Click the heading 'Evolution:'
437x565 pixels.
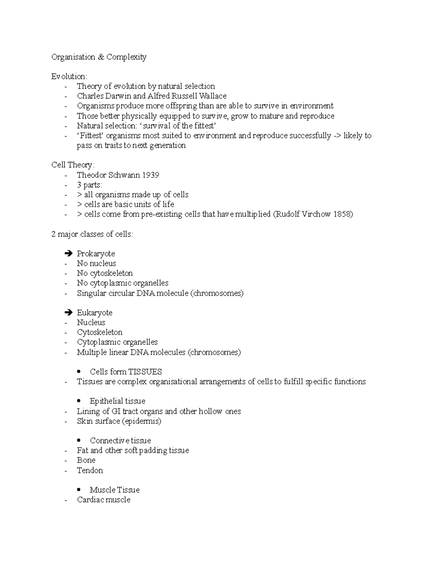click(x=69, y=77)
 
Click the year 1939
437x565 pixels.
click(x=150, y=175)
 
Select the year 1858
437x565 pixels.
click(x=343, y=214)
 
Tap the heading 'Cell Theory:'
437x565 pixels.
click(x=73, y=165)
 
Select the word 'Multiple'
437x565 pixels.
click(x=92, y=353)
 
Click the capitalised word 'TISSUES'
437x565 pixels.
click(x=144, y=372)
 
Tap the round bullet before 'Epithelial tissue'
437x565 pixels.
click(x=79, y=401)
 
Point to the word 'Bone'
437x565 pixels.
click(x=86, y=460)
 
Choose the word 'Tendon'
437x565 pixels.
click(x=90, y=470)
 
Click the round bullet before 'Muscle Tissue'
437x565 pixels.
click(x=79, y=490)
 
